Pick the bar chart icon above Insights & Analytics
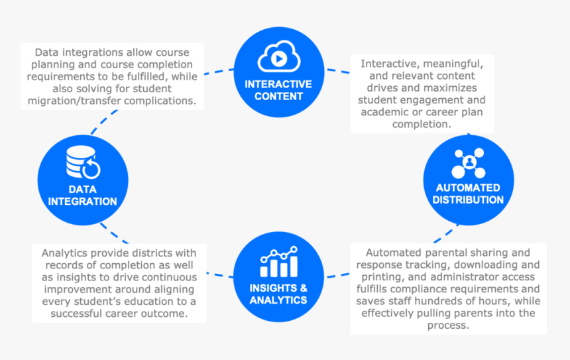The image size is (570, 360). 278,263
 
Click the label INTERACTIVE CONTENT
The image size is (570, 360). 278,90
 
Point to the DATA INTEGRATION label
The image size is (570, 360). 82,196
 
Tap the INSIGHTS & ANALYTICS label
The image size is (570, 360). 278,294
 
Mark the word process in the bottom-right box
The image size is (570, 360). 447,326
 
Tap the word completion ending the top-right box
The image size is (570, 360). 422,124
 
